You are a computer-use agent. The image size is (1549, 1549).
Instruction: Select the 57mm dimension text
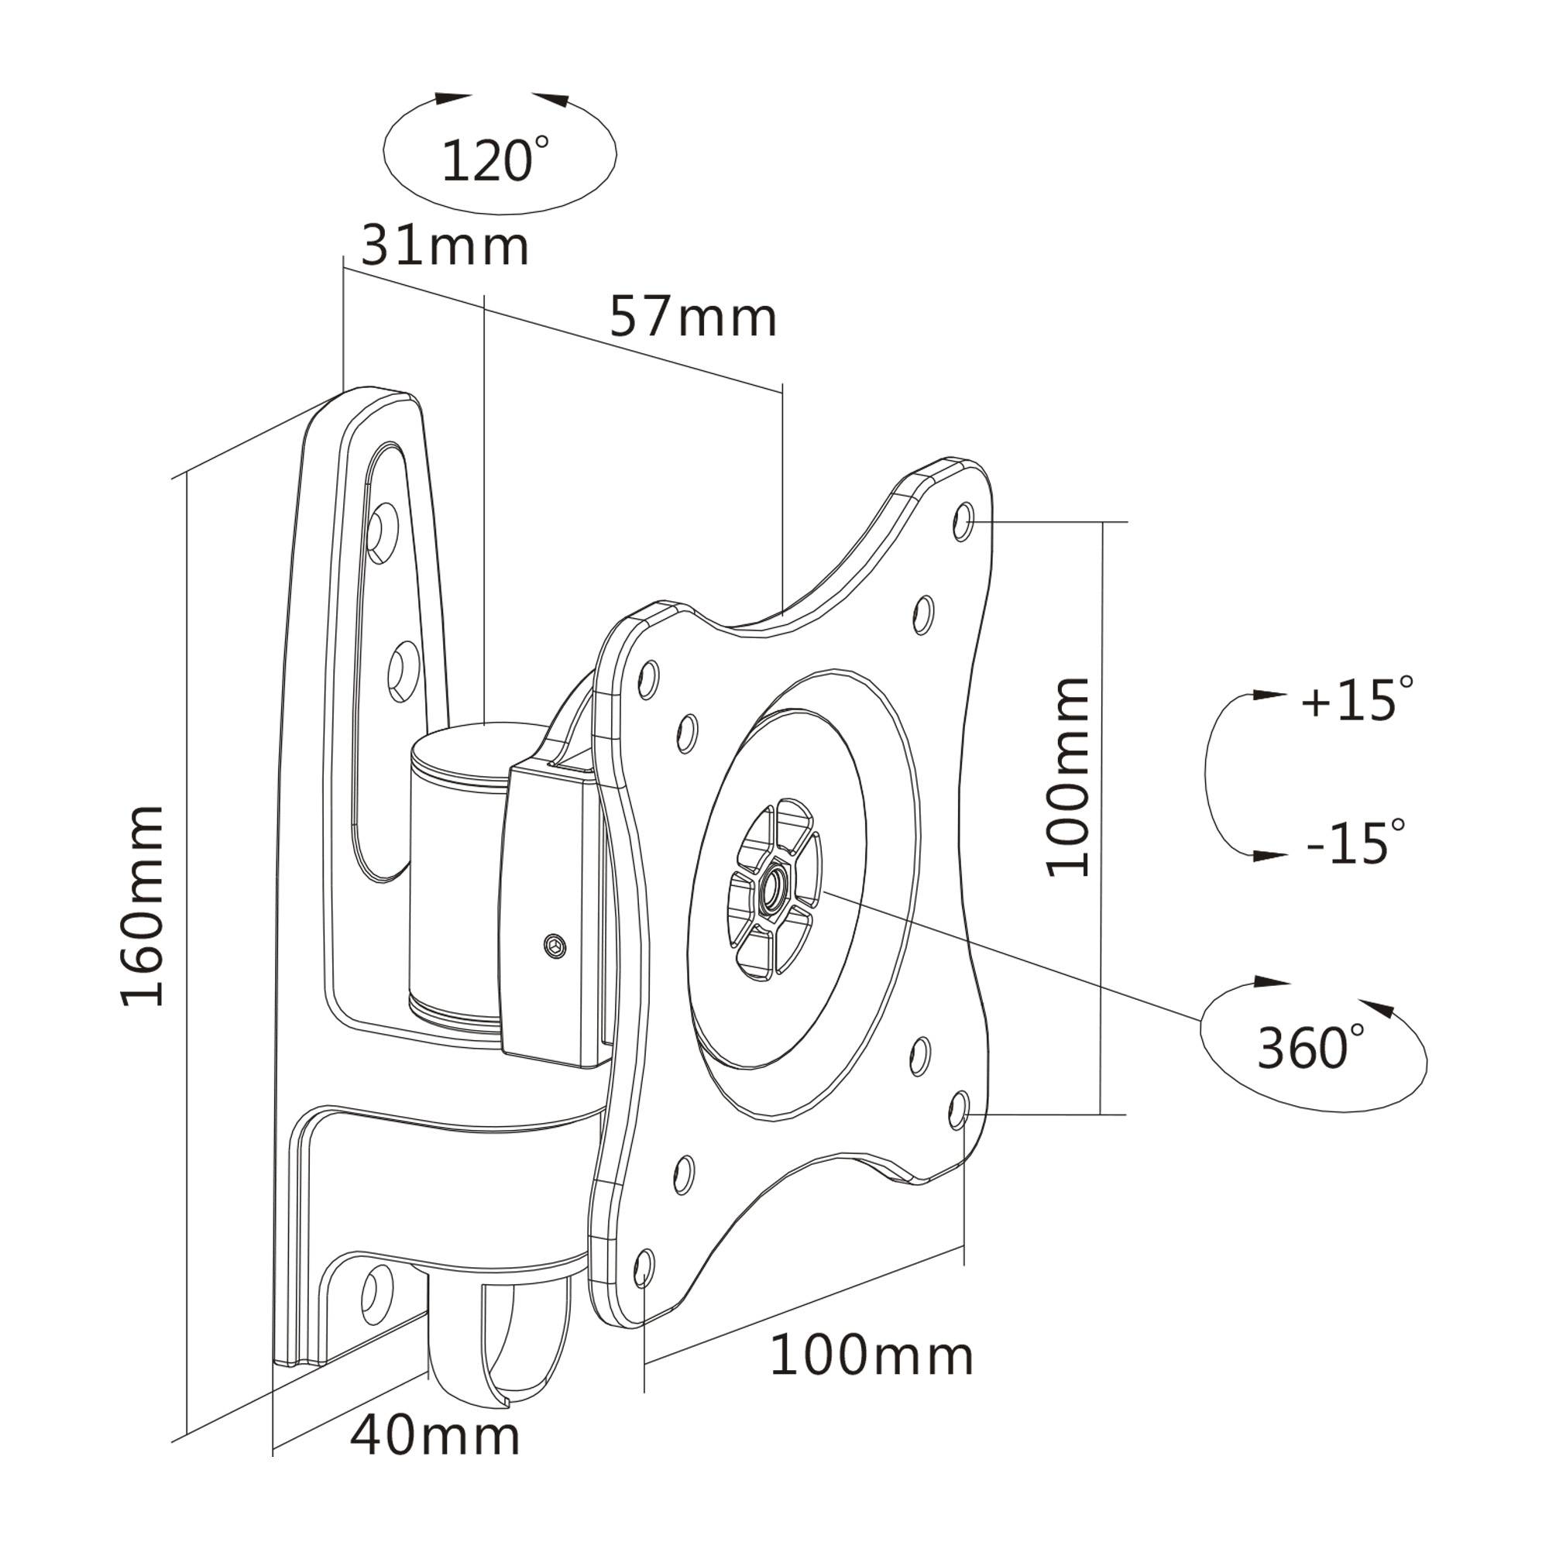pos(693,318)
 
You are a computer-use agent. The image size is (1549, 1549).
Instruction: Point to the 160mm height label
pos(143,906)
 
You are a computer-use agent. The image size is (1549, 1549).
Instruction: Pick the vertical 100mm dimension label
pos(1069,777)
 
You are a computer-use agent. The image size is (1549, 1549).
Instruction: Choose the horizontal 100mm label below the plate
pos(871,1357)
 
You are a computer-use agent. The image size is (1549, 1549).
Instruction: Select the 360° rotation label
pos(1312,1048)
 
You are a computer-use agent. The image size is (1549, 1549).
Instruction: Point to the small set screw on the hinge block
pos(553,944)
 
